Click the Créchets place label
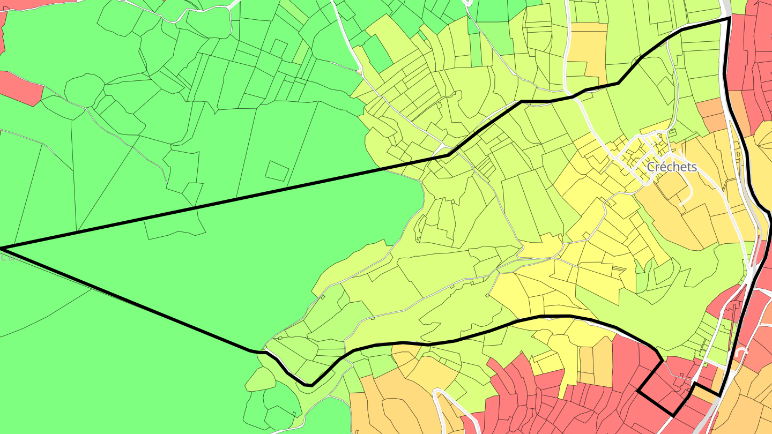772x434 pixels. pos(672,167)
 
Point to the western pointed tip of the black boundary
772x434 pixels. pos(2,249)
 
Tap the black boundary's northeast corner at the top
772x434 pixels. pos(730,18)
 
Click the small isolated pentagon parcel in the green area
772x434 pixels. pos(277,170)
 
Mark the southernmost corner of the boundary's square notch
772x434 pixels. pos(673,415)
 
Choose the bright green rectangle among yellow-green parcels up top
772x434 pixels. pos(377,54)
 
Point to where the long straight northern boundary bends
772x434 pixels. pos(448,155)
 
